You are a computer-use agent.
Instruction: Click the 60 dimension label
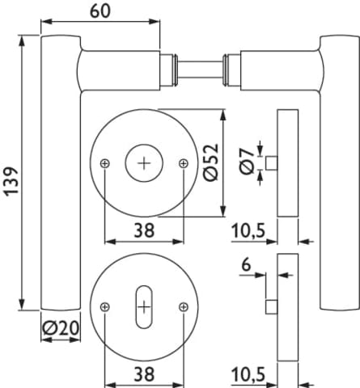[100, 11]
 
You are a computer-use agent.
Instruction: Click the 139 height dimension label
[11, 181]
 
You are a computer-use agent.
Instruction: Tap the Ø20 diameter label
[61, 328]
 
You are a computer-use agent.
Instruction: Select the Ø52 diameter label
[211, 162]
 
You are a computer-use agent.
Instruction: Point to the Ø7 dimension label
[247, 162]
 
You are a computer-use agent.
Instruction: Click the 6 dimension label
[246, 264]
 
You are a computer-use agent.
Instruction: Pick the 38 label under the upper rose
[144, 230]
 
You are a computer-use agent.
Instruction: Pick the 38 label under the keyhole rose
[144, 374]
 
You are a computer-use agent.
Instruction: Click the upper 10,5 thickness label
[248, 231]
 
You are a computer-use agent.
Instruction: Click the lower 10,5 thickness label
[248, 374]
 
